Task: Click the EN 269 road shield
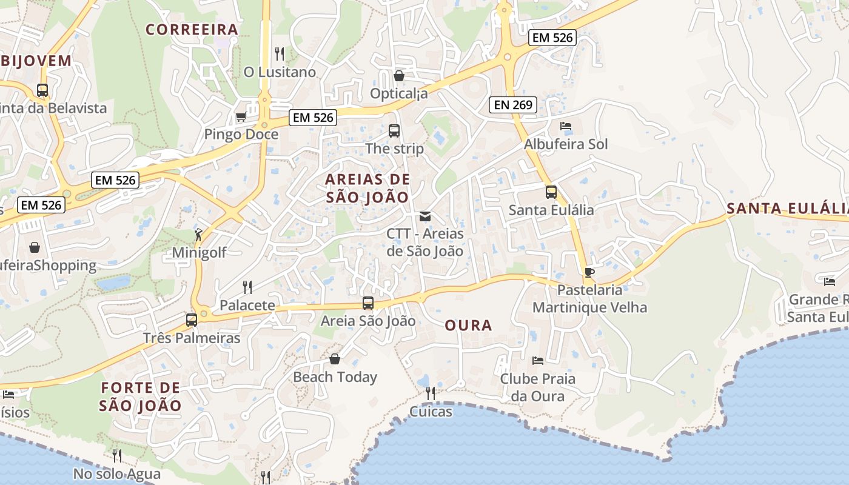513,105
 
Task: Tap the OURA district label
468,326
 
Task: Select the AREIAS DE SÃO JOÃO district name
367,188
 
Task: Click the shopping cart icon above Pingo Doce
241,116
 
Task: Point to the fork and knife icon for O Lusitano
280,54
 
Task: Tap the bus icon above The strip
394,130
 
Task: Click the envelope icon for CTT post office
425,216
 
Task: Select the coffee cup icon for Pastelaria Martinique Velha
589,272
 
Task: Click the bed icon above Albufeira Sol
565,126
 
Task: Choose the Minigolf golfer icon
198,234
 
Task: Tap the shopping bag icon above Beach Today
335,359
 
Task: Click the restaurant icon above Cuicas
431,393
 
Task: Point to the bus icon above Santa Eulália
551,192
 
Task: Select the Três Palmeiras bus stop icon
192,319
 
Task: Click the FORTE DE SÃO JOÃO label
141,396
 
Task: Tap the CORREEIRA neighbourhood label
192,29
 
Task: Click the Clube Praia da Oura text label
537,387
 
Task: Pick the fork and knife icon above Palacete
247,287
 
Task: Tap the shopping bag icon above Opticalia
399,76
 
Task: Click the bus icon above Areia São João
368,303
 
